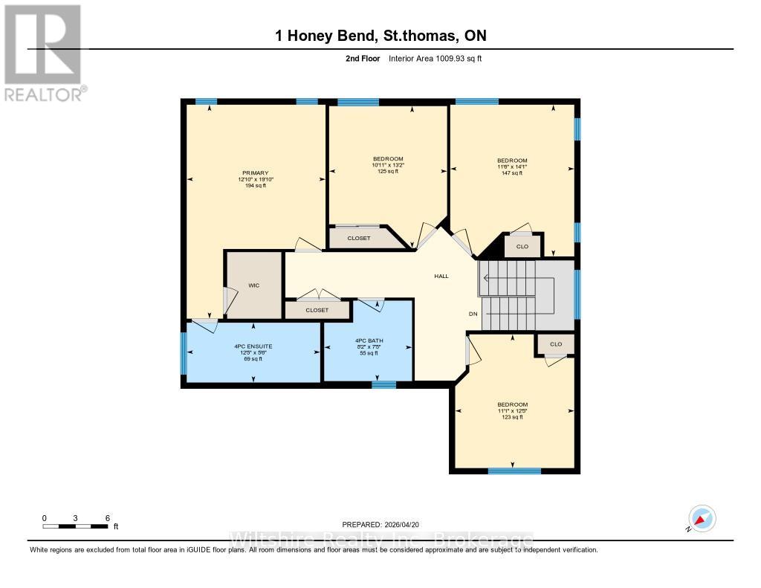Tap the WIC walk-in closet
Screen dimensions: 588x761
pos(254,285)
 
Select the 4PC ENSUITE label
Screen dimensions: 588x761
pos(254,346)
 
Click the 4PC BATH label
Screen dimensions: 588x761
pos(368,340)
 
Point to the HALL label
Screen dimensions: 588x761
pos(441,276)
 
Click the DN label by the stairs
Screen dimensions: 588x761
pos(473,314)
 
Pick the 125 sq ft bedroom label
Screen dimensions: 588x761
pos(388,159)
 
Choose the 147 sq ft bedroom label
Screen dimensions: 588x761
pos(512,161)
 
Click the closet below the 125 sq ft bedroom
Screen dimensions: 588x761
pos(358,238)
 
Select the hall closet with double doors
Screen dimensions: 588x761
pos(317,310)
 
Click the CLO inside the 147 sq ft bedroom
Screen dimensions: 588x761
pos(522,246)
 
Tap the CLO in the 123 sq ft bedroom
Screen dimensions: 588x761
pos(556,344)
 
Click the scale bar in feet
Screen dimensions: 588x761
pos(77,526)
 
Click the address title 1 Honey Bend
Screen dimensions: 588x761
pos(380,36)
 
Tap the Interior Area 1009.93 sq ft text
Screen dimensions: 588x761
pos(435,59)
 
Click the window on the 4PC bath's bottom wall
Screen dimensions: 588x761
pos(383,384)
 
